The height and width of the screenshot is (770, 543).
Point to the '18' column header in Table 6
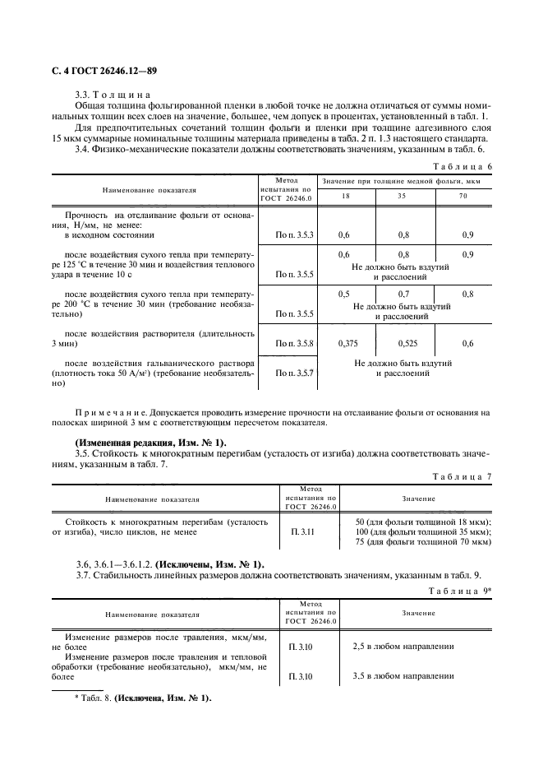click(344, 197)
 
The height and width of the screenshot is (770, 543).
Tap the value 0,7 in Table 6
click(403, 294)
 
